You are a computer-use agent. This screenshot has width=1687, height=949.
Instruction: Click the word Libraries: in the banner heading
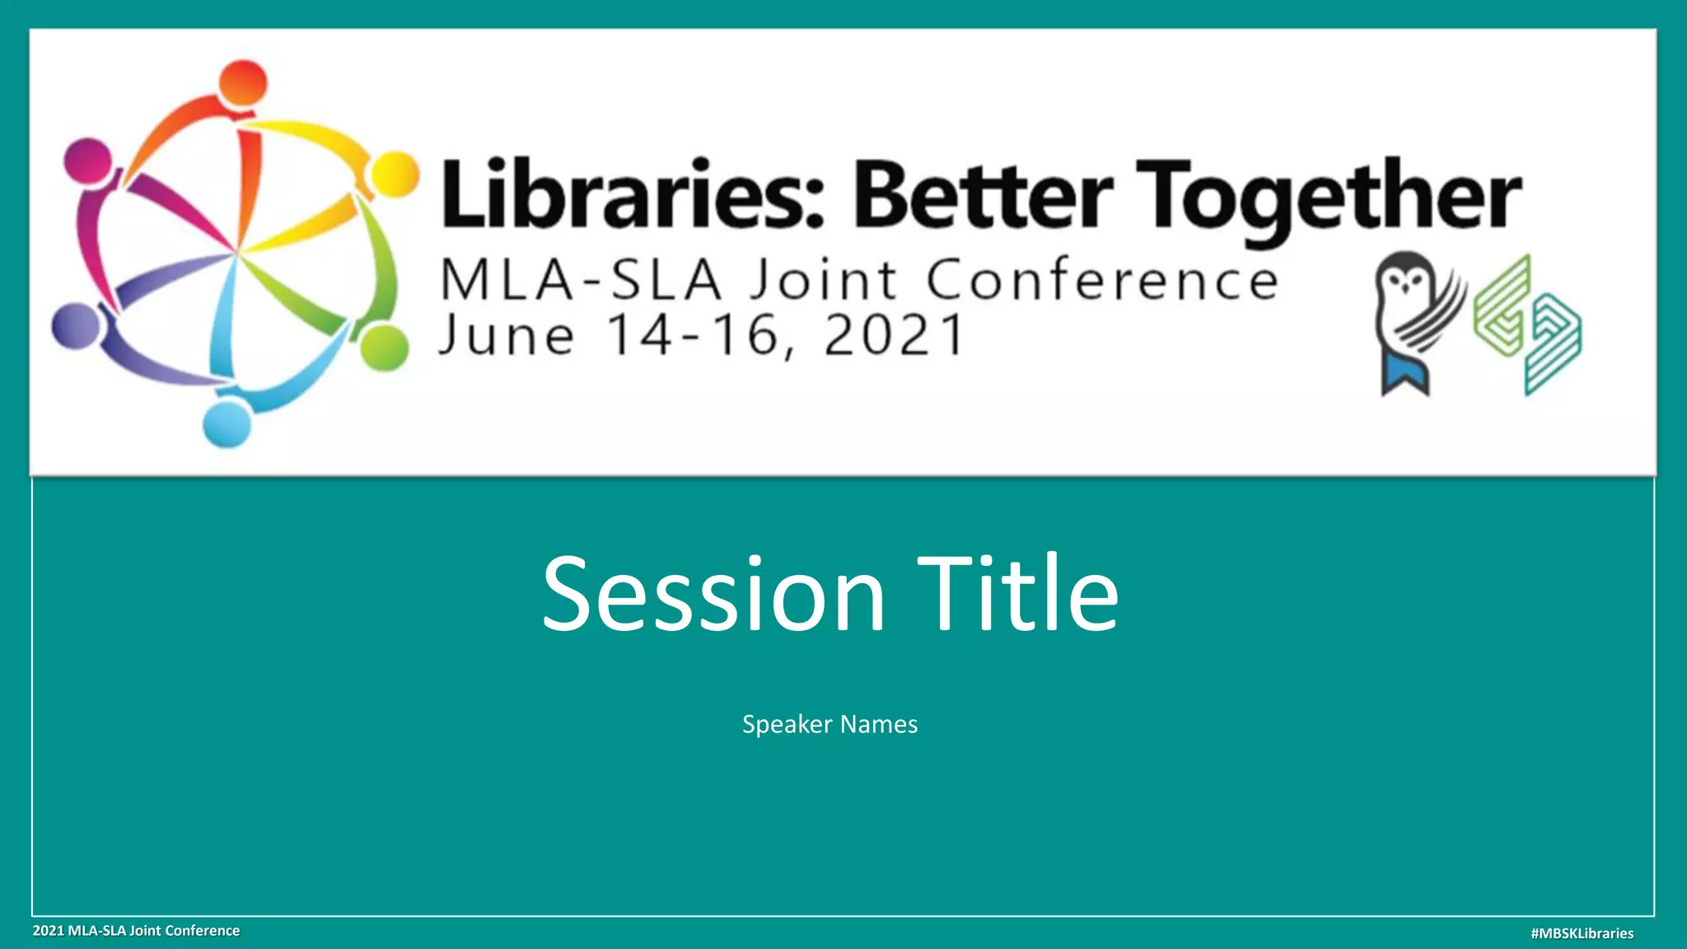pyautogui.click(x=633, y=196)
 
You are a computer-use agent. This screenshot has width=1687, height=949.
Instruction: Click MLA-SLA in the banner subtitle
pyautogui.click(x=581, y=280)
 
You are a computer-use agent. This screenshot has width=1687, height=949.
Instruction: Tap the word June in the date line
pyautogui.click(x=507, y=336)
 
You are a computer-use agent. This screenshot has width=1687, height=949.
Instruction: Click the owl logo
pyautogui.click(x=1415, y=321)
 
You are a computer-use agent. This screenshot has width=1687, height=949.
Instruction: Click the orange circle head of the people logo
pyautogui.click(x=243, y=82)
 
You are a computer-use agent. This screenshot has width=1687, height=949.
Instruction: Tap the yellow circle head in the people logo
pyautogui.click(x=395, y=175)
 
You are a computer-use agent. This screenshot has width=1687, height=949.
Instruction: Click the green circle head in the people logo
pyautogui.click(x=384, y=348)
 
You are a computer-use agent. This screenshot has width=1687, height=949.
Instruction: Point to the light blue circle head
pyautogui.click(x=227, y=424)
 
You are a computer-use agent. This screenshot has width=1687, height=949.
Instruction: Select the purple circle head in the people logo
pyautogui.click(x=76, y=325)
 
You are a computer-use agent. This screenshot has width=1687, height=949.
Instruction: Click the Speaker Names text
pyautogui.click(x=829, y=724)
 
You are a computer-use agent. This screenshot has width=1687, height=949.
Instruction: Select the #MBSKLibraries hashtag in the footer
pyautogui.click(x=1582, y=933)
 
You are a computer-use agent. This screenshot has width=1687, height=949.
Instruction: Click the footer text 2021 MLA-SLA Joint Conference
pyautogui.click(x=136, y=931)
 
